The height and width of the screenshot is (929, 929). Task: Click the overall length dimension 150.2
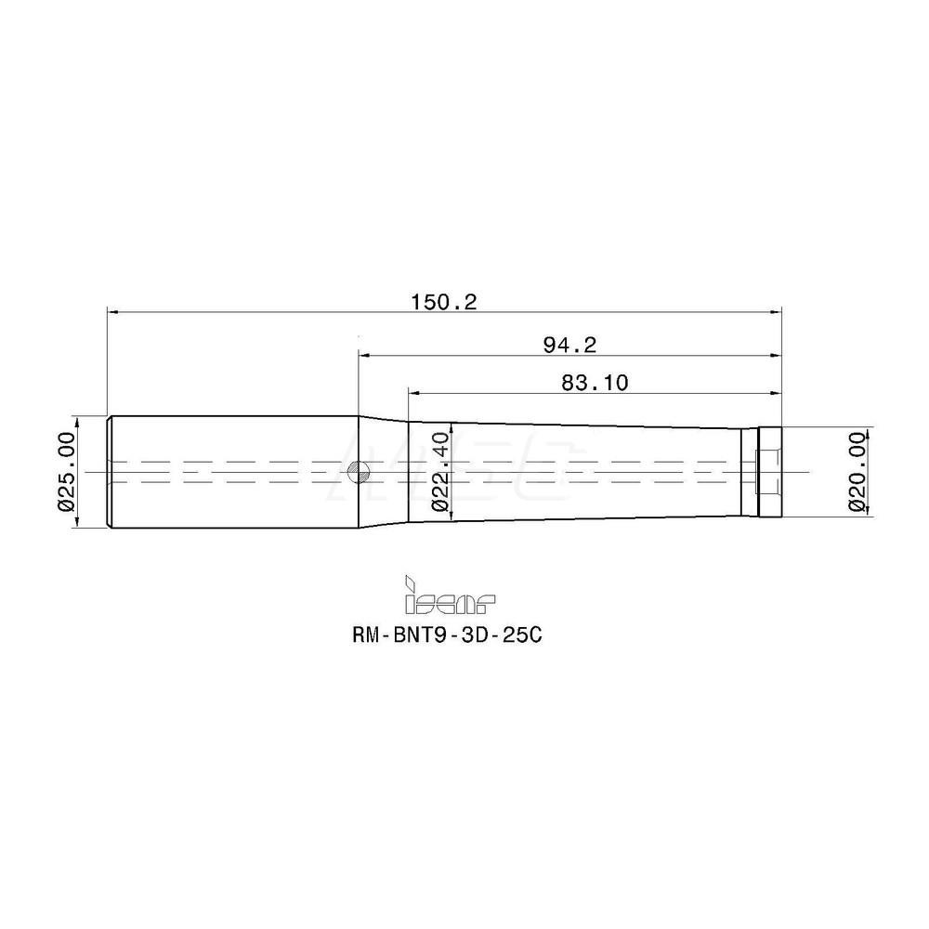[443, 302]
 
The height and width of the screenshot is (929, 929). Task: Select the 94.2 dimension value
[569, 345]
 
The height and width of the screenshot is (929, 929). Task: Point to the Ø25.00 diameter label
[65, 471]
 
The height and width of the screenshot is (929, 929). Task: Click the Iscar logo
[450, 597]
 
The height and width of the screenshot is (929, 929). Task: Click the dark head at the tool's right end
[770, 471]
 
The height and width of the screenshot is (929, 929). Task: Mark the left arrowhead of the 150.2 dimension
[113, 313]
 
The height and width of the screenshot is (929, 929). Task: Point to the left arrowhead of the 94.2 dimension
[365, 355]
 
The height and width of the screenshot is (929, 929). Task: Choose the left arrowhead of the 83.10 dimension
[413, 391]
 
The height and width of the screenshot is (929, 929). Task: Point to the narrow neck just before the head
[749, 472]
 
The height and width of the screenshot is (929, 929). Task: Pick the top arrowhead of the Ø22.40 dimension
[452, 429]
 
